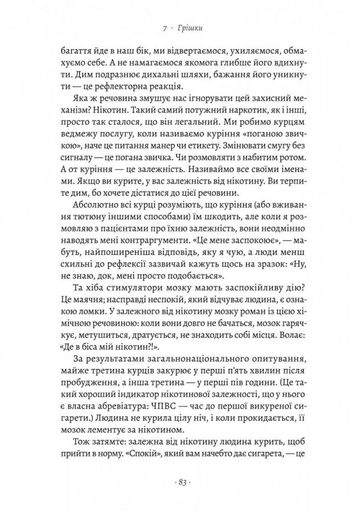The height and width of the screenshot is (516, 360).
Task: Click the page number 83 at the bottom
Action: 180,482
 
